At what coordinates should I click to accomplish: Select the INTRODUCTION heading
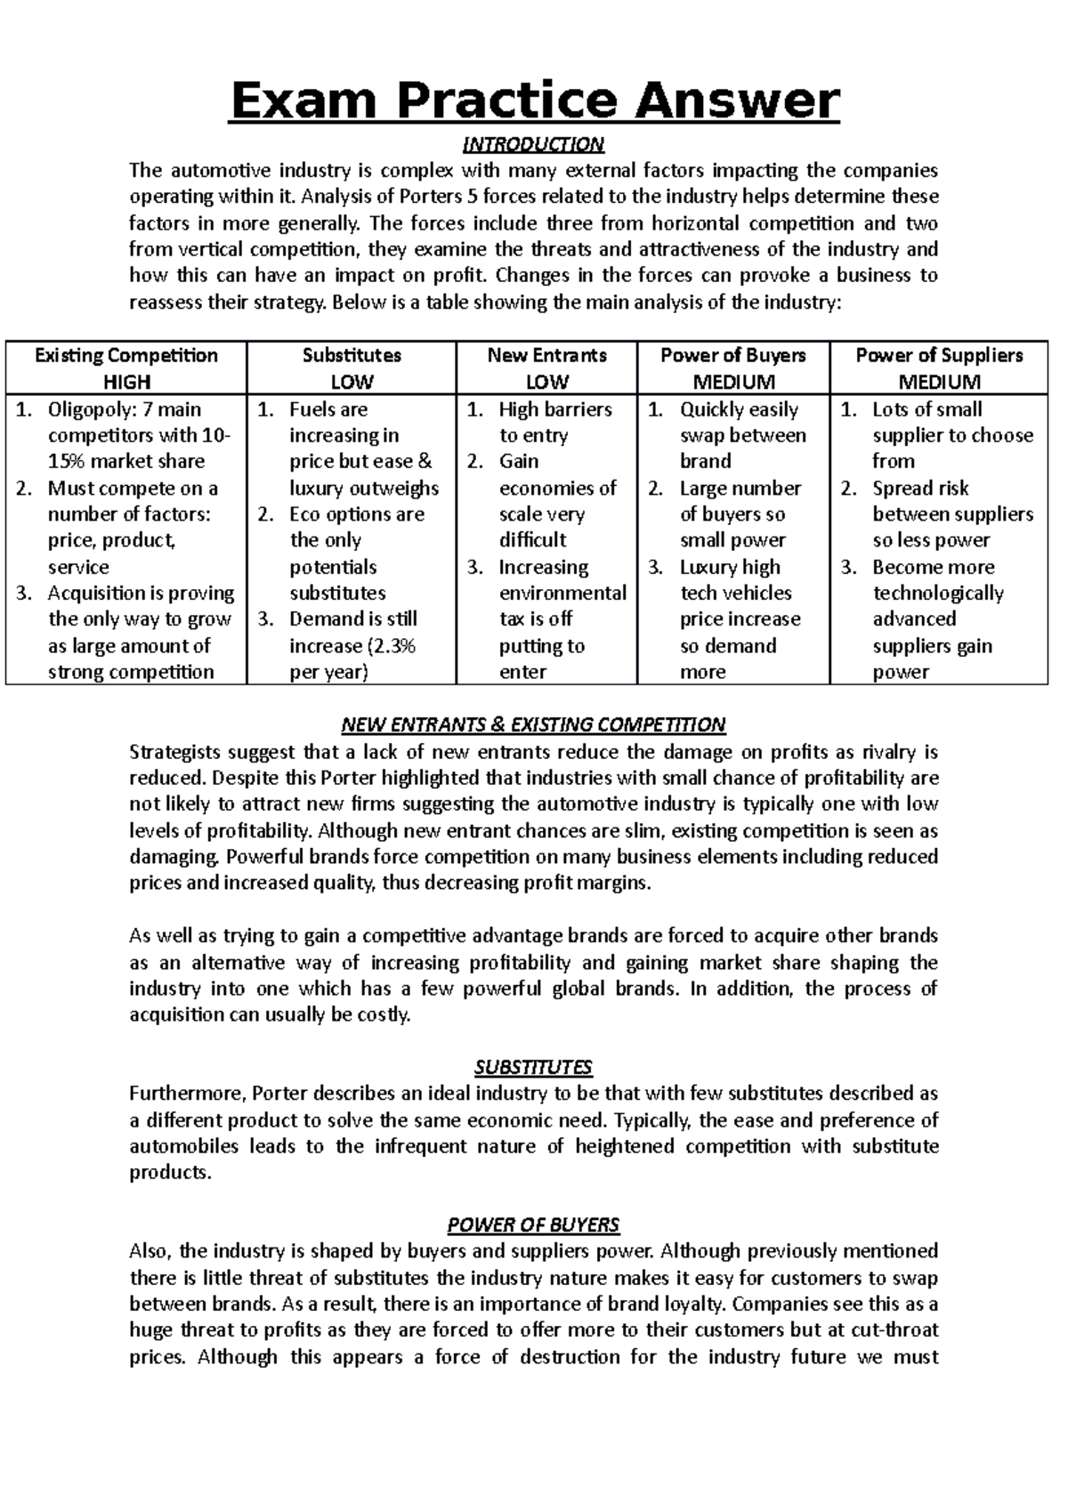[x=533, y=144]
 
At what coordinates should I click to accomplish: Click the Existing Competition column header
[x=125, y=355]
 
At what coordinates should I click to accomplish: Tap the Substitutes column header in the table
[x=352, y=355]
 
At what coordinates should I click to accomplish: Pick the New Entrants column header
[x=546, y=355]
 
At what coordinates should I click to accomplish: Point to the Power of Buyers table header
[x=732, y=355]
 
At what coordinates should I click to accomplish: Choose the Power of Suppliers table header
[x=939, y=355]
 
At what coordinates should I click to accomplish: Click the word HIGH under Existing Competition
[x=126, y=382]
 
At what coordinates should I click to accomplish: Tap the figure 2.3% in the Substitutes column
[x=392, y=646]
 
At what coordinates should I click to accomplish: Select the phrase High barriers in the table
[x=555, y=409]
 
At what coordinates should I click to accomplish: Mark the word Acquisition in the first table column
[x=99, y=594]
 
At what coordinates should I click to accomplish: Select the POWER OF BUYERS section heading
[x=533, y=1225]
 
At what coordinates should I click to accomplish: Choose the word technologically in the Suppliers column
[x=937, y=594]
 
